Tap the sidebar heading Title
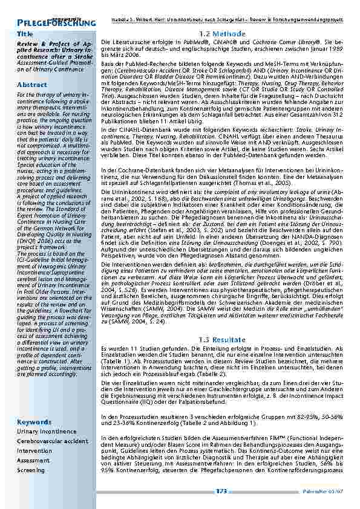26,34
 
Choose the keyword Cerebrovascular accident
52,441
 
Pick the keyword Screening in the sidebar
31,470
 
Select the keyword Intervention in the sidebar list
34,450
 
